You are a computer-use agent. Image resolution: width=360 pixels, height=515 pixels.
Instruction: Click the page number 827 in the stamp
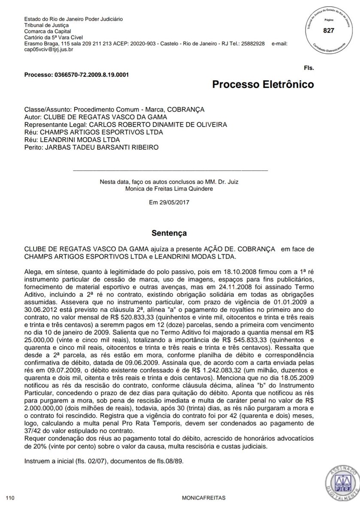point(328,30)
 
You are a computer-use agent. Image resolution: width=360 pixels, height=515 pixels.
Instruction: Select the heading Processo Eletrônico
point(263,84)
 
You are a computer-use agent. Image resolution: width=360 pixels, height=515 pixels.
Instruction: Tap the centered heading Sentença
point(169,234)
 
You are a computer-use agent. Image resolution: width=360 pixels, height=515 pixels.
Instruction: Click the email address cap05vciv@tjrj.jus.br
point(49,50)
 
